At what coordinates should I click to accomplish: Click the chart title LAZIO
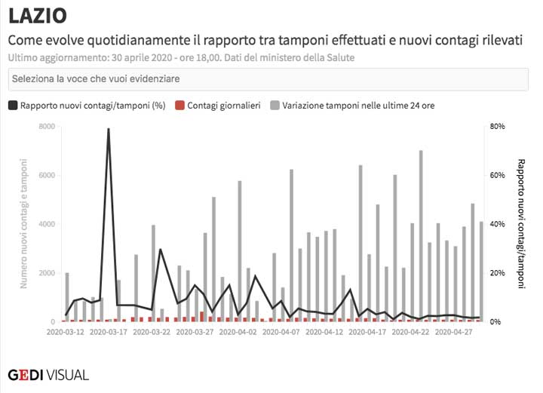[37, 15]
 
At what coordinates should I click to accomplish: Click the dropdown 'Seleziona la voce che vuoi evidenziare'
[271, 78]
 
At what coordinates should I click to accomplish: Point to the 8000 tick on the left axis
[46, 127]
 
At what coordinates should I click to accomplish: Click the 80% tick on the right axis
[497, 127]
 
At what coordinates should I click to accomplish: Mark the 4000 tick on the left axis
[46, 224]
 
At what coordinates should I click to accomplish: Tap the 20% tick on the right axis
[497, 273]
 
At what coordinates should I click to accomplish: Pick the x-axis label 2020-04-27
[459, 331]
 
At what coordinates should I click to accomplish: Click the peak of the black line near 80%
[109, 130]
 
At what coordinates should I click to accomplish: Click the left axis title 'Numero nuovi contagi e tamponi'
[24, 224]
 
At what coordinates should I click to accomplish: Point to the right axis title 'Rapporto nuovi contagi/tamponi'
[521, 224]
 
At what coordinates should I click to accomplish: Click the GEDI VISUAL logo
[48, 374]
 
